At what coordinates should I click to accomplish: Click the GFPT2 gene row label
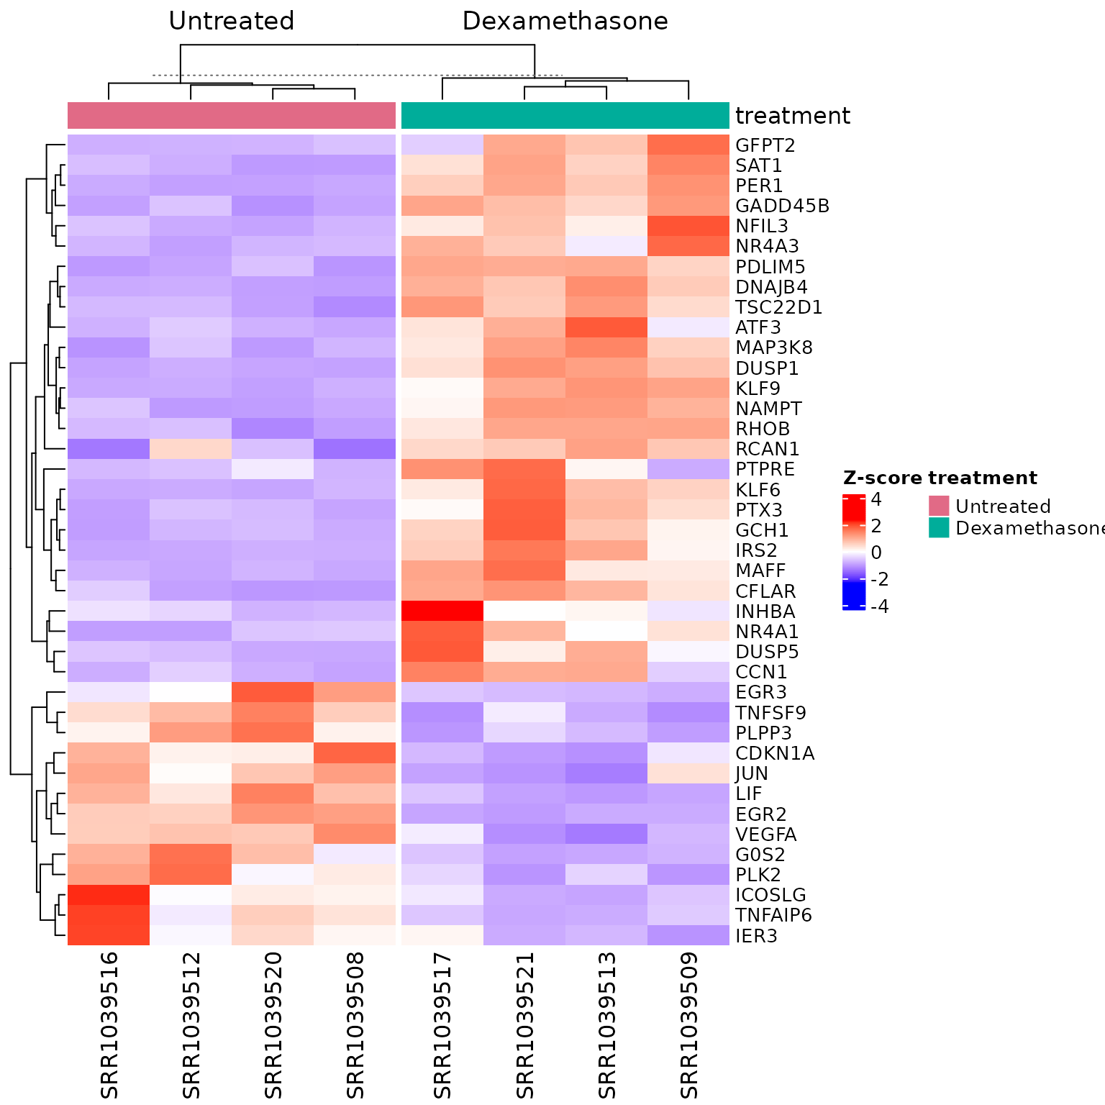click(x=765, y=145)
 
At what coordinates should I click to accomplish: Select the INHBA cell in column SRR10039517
click(x=442, y=611)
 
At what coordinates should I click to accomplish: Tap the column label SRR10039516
click(x=109, y=1025)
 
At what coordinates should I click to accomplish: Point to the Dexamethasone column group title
click(x=565, y=22)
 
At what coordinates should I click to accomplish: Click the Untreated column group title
click(x=231, y=22)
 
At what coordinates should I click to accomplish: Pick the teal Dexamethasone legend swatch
click(x=939, y=527)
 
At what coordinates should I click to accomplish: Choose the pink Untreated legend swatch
click(x=939, y=506)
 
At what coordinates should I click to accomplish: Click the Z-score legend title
click(x=883, y=478)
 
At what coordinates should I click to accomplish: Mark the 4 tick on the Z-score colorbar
click(x=876, y=499)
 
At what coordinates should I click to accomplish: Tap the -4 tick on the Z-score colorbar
click(x=879, y=606)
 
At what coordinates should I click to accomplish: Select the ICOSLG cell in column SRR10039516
click(x=109, y=895)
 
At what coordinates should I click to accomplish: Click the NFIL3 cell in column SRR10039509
click(x=688, y=226)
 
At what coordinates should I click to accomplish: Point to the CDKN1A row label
click(x=775, y=753)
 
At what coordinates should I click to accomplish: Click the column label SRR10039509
click(x=689, y=1025)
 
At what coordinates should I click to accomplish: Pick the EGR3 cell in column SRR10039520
click(x=273, y=692)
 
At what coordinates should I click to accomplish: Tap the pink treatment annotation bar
click(x=231, y=116)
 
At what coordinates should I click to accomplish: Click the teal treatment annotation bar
click(x=565, y=116)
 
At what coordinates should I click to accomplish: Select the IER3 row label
click(x=756, y=936)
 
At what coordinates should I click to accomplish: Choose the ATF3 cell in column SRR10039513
click(x=606, y=327)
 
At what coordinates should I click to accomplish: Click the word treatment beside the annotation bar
click(x=792, y=116)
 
